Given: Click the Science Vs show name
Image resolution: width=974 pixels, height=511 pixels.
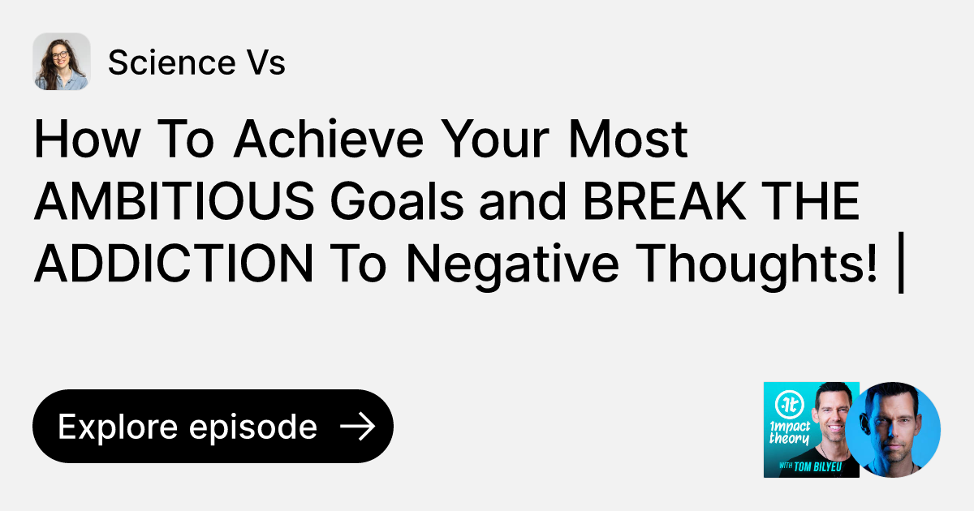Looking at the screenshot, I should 196,62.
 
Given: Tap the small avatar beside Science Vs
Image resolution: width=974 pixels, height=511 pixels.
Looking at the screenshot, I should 61,62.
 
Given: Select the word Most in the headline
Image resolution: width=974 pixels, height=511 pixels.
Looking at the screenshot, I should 627,140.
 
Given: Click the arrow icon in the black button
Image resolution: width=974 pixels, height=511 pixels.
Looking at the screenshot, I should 357,427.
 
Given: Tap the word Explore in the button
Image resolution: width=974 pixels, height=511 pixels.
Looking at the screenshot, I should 118,427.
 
